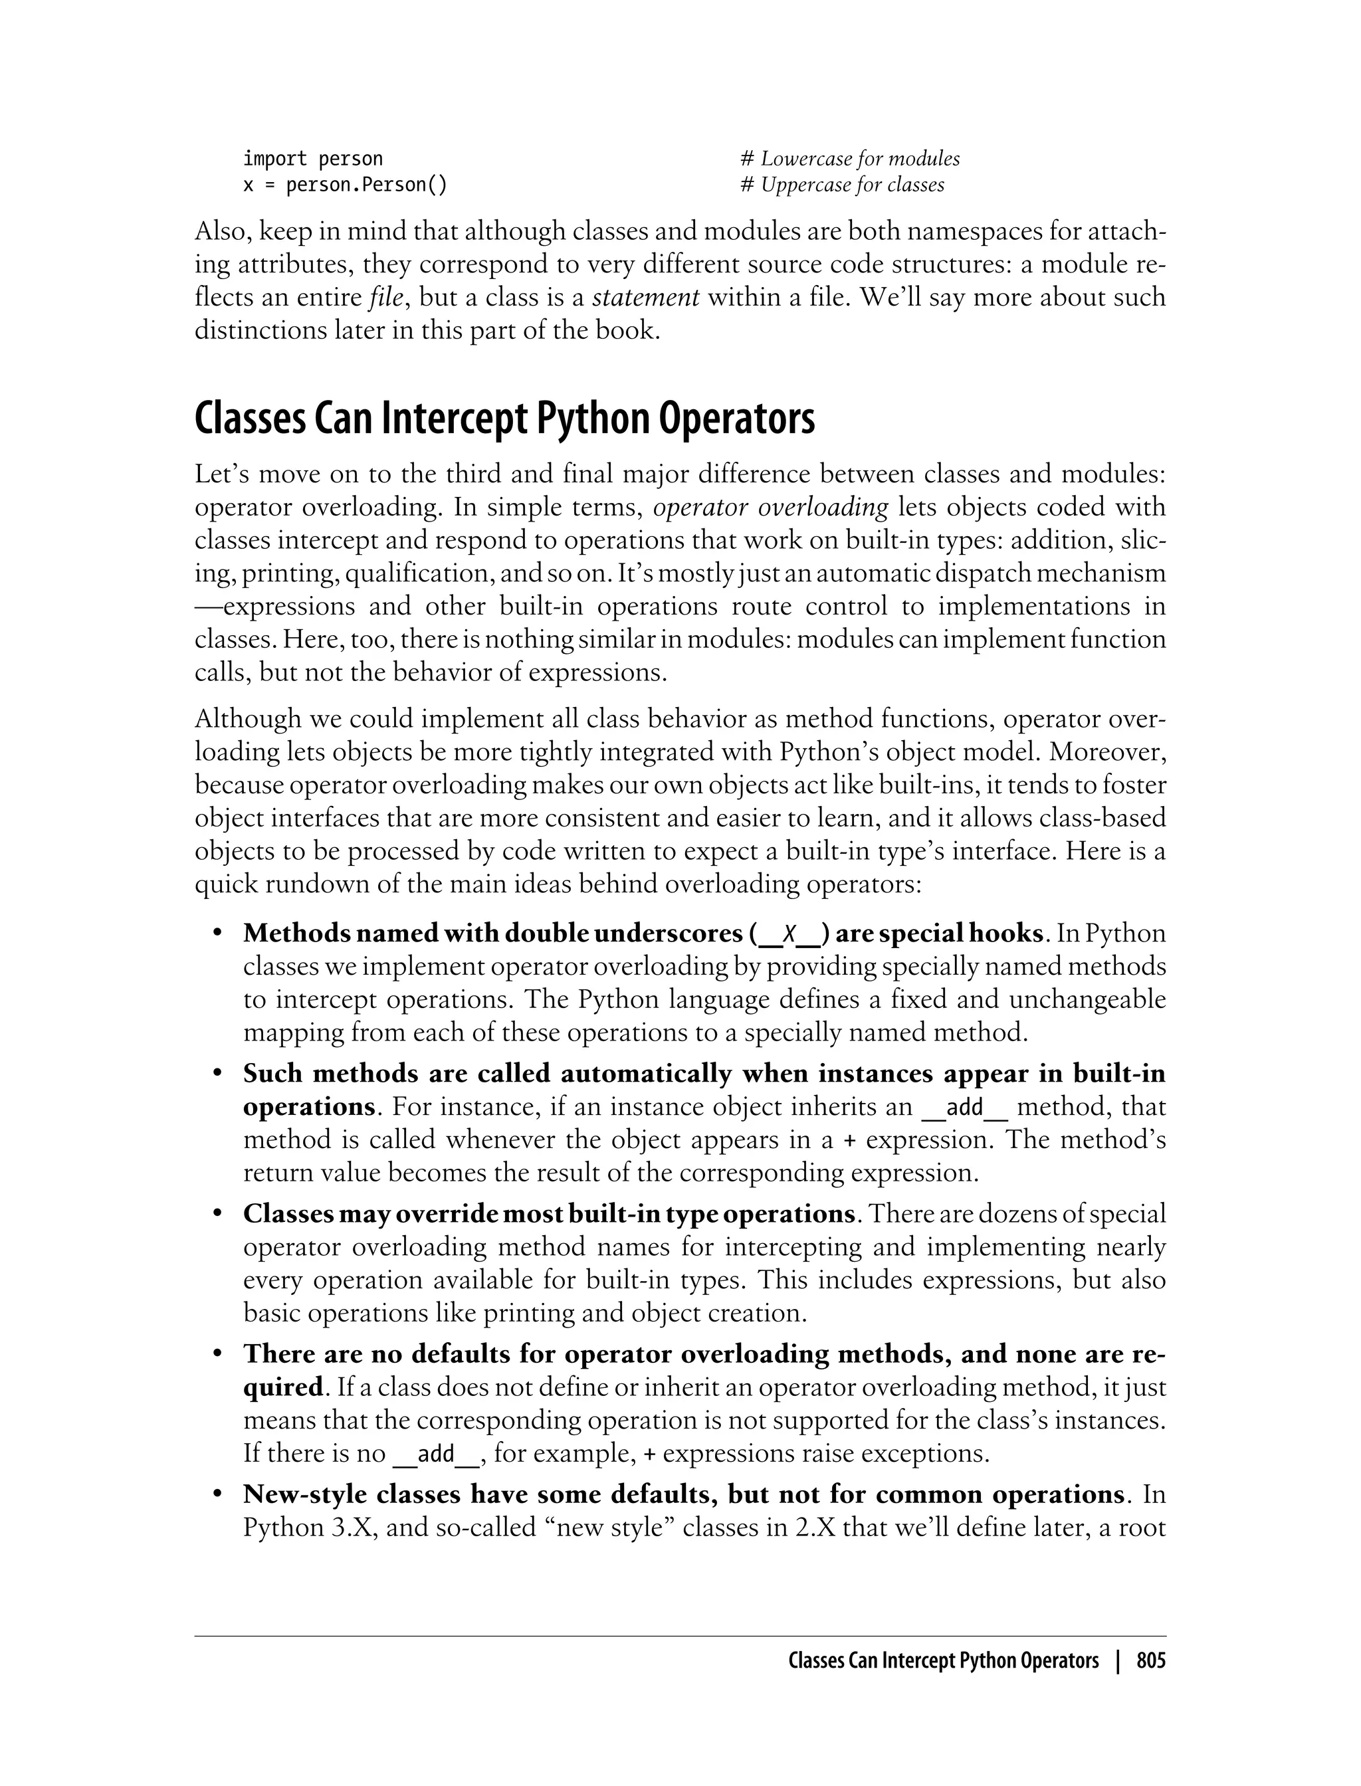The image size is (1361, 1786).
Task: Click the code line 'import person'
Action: tap(313, 159)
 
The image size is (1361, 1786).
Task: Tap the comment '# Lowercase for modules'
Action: tap(850, 159)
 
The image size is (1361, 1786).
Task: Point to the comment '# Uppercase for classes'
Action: tap(843, 185)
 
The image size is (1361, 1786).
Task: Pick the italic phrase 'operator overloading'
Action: tap(770, 508)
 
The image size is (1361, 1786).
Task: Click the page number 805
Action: tap(1150, 1661)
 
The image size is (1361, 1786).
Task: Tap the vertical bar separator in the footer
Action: tap(1118, 1661)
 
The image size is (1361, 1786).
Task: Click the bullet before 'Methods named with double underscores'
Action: tap(217, 934)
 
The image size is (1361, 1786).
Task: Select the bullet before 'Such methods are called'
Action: tap(217, 1074)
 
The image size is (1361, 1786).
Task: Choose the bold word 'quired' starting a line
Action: tap(282, 1387)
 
